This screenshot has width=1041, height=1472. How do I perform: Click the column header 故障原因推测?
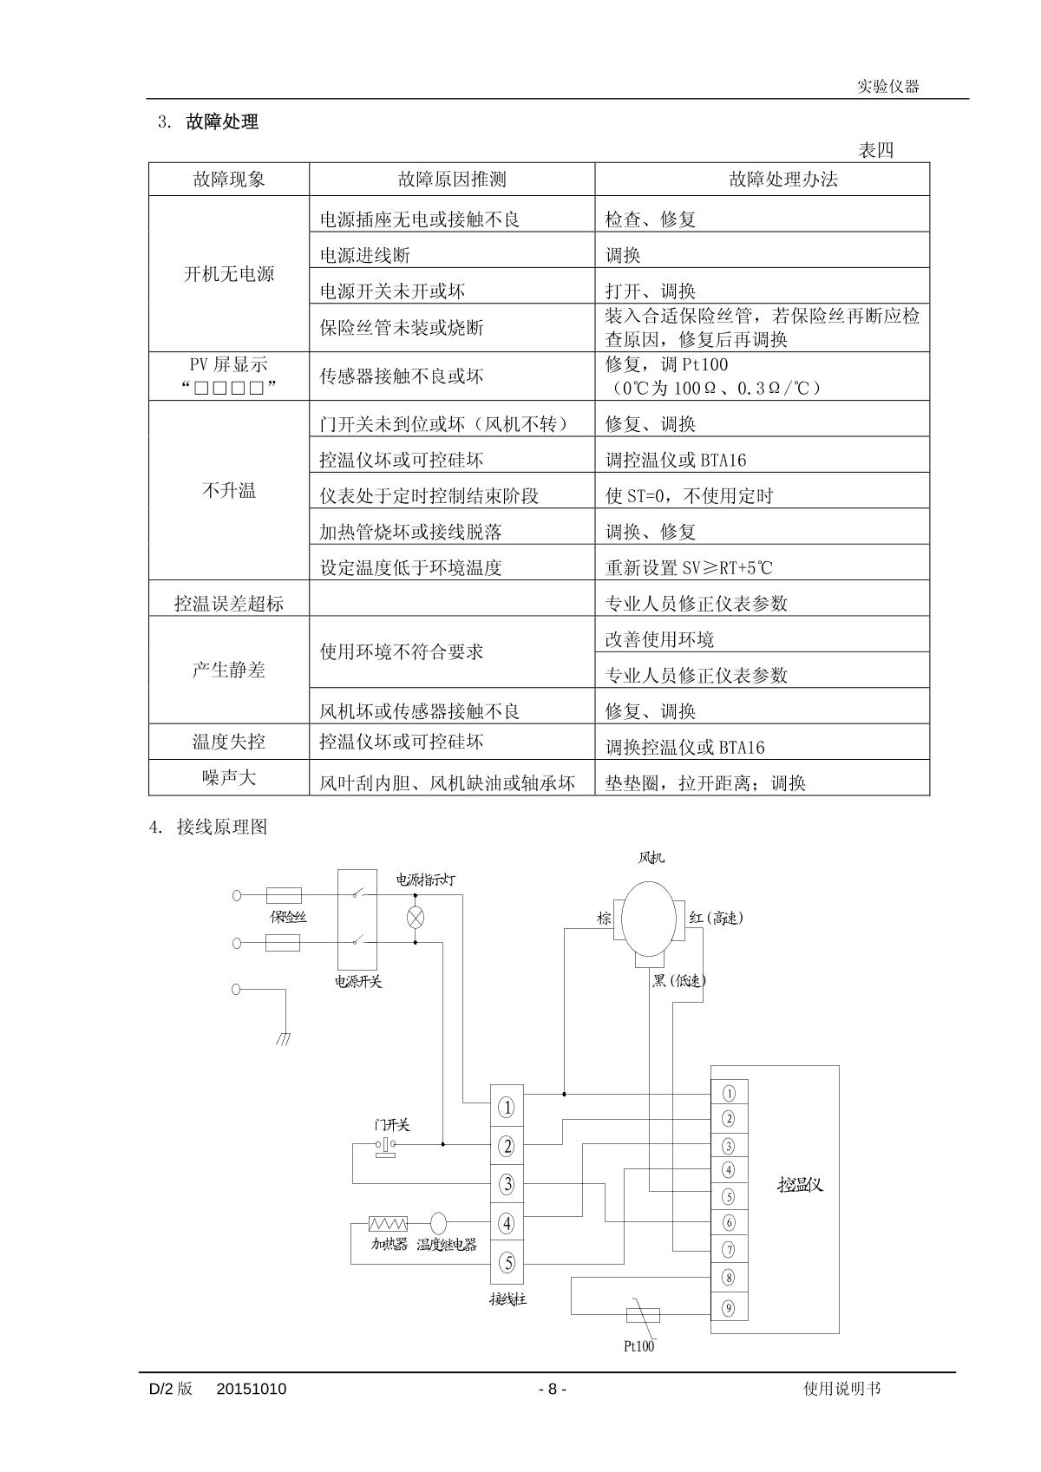click(452, 180)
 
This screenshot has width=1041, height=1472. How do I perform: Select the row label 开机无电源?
click(229, 274)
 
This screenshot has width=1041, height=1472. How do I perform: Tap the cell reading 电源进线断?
click(365, 255)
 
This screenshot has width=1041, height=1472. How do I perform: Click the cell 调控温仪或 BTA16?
click(675, 460)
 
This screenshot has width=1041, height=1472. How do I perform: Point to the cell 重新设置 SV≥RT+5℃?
click(688, 568)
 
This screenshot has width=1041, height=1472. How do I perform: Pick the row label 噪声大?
click(229, 777)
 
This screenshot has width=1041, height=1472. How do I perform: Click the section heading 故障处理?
click(222, 122)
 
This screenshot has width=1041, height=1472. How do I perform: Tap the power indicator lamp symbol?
click(416, 917)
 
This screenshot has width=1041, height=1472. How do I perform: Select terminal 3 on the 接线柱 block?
click(507, 1184)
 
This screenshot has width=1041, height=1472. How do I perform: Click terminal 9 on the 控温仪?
click(729, 1308)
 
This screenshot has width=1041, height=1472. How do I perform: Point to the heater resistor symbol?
click(388, 1224)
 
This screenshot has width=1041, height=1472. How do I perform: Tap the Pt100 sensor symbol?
click(643, 1315)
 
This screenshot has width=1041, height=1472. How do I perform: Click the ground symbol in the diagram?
click(284, 1038)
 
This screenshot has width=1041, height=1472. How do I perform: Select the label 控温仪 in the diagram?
click(800, 1184)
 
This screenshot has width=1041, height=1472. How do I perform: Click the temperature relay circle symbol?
click(439, 1223)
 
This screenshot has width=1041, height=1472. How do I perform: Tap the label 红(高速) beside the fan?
click(716, 918)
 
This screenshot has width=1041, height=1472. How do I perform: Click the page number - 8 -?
click(553, 1389)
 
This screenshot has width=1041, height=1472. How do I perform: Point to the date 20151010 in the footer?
click(252, 1389)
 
